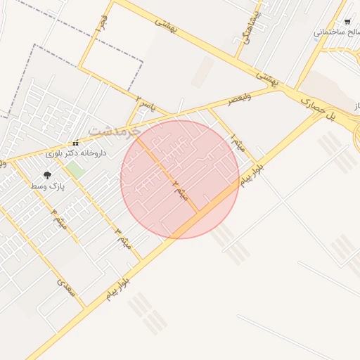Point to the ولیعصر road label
(240, 100)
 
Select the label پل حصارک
(319, 110)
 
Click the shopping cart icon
(347, 22)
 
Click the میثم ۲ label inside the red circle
(181, 188)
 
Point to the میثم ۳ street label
(123, 238)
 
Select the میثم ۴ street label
(60, 220)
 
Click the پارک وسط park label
(48, 186)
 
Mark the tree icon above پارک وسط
(48, 175)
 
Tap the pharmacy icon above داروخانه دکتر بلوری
(75, 143)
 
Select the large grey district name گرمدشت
(115, 131)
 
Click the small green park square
(75, 169)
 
